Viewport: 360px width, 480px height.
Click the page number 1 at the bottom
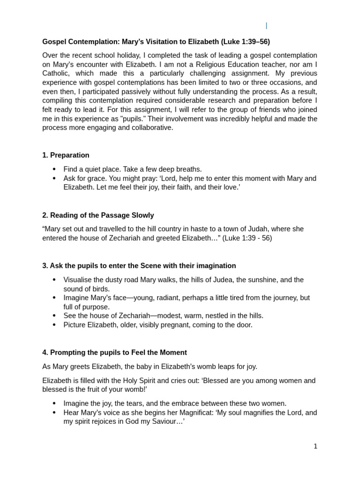pos(315,446)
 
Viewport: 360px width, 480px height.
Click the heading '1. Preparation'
pos(66,155)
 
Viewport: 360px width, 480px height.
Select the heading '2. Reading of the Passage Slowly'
pos(98,215)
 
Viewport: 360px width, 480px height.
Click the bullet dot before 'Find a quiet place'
pos(54,169)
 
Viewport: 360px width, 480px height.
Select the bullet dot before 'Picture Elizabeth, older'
pos(54,325)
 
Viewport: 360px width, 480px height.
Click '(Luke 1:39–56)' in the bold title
pos(246,42)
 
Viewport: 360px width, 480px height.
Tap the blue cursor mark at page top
pos(266,26)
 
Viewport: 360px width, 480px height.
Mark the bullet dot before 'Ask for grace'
pos(54,179)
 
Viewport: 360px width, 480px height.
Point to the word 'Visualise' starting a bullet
pos(79,280)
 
